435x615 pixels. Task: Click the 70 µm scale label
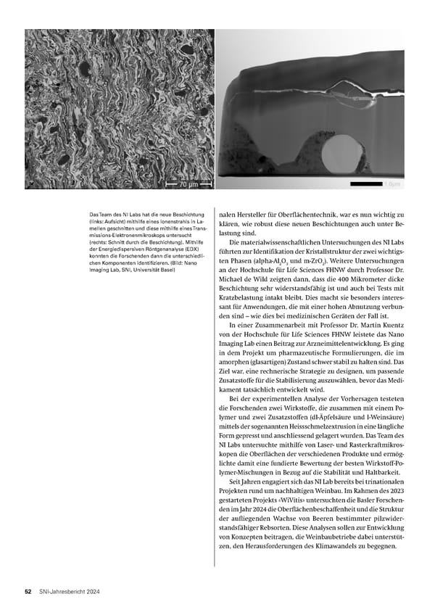pos(188,184)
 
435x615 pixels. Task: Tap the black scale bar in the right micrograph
pos(365,184)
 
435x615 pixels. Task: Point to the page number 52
pos(28,593)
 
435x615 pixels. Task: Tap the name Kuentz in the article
pos(387,350)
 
